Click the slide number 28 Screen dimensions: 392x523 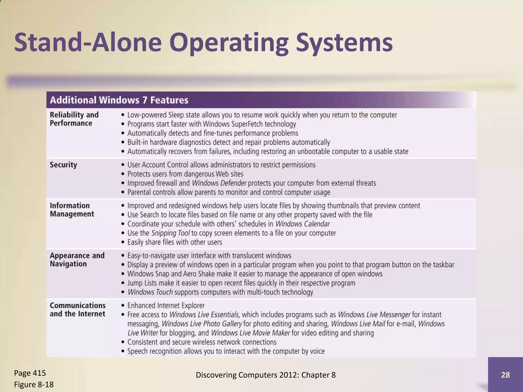pos(505,375)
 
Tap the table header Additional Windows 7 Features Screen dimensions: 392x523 pos(119,100)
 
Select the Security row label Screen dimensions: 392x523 pos(63,165)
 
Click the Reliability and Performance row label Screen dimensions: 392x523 pos(74,119)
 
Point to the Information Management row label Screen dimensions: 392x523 pos(72,210)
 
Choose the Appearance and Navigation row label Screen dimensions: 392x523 pos(77,260)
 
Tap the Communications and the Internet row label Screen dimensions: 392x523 pos(78,310)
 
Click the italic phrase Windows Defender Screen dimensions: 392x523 pos(219,183)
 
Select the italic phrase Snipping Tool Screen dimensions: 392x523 pos(170,233)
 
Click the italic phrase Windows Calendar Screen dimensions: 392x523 pos(302,224)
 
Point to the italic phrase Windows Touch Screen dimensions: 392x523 pos(150,292)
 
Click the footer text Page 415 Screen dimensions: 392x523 pos(30,373)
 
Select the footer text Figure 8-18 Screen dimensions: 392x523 pos(34,384)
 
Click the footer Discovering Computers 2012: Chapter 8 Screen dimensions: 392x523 pos(266,375)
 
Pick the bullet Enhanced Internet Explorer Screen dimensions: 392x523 pos(166,305)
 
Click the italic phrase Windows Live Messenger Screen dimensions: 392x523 pos(374,315)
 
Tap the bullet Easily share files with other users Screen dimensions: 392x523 pos(175,242)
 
